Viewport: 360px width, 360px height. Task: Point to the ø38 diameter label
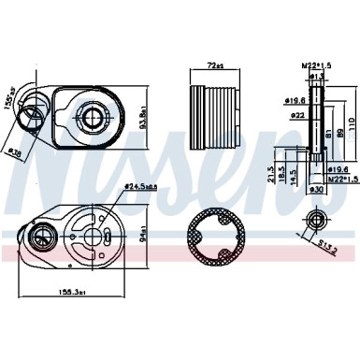(x=16, y=150)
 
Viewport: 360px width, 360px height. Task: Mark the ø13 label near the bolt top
(x=316, y=77)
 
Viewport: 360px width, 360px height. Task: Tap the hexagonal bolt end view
(x=313, y=198)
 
